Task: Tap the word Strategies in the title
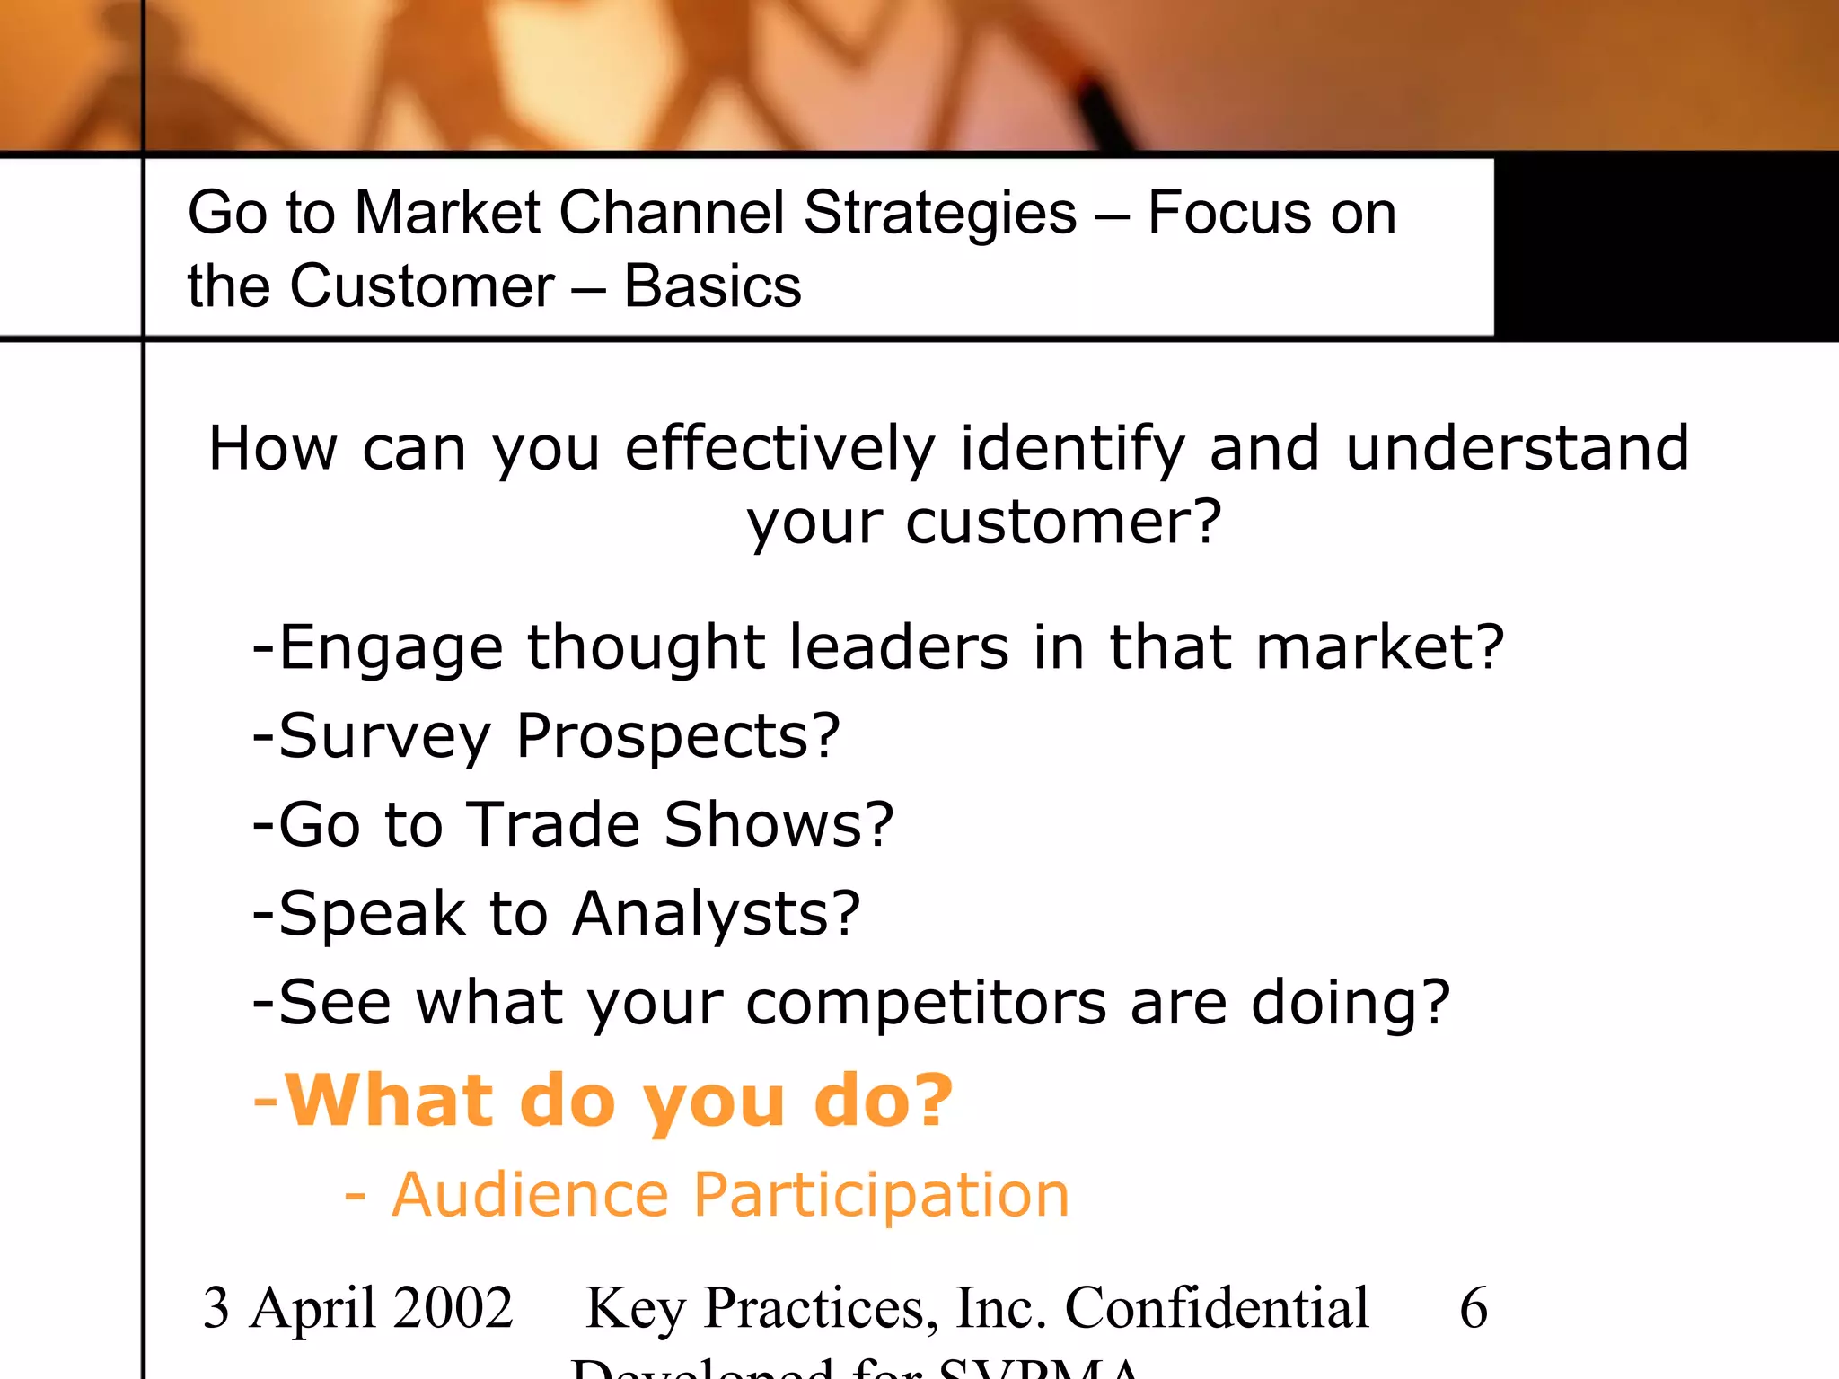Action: (x=939, y=214)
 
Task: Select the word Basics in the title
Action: (x=712, y=287)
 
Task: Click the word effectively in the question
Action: (x=779, y=449)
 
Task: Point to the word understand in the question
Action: (x=1518, y=448)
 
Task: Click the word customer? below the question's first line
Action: (x=1063, y=523)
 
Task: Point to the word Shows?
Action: (x=779, y=824)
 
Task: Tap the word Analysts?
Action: (x=717, y=914)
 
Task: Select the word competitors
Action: (x=926, y=1003)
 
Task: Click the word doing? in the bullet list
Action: (x=1351, y=1003)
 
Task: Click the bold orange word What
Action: (x=389, y=1100)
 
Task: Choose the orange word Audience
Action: (x=531, y=1195)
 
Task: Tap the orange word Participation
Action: (x=881, y=1197)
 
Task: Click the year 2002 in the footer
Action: (x=453, y=1308)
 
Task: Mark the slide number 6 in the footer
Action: (x=1474, y=1308)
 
